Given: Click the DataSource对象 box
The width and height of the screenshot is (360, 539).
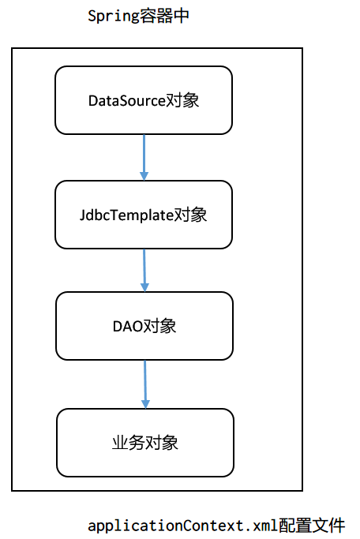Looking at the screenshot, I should pos(143,100).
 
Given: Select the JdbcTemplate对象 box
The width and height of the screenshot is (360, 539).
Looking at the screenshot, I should pos(143,214).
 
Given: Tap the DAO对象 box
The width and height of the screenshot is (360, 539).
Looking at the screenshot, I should pos(144,326).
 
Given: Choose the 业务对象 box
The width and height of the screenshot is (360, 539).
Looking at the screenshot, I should pos(145,442).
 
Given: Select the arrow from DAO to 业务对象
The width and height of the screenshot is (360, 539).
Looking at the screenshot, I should pos(144,384).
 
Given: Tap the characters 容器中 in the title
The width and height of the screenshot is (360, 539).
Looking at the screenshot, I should pos(164,16).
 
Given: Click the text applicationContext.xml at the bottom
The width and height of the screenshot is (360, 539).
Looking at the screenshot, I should pos(182,525).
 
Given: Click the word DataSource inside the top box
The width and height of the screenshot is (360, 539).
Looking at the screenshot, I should pos(127,101).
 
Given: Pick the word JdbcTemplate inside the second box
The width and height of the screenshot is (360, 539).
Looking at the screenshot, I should pos(126,215).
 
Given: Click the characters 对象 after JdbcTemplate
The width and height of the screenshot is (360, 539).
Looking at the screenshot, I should pos(190,215).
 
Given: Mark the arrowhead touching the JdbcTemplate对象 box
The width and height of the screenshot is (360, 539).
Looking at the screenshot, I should pos(144,175).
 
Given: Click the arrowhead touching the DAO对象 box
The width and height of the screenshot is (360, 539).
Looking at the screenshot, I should pos(144,286).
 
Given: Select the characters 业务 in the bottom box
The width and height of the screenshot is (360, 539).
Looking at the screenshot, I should pos(129,443).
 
